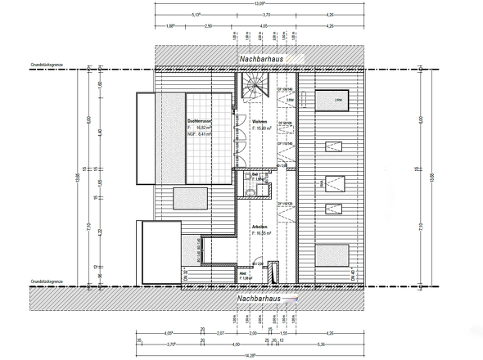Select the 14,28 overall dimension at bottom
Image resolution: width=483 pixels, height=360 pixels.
pos(238,355)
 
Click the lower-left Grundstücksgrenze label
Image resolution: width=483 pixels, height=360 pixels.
pos(46,281)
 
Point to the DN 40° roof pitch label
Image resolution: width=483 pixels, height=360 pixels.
pos(352,274)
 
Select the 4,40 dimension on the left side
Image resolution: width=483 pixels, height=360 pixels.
pos(99,133)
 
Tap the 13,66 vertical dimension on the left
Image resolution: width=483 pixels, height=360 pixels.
pos(79,176)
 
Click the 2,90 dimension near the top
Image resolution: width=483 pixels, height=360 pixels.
pos(208,26)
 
